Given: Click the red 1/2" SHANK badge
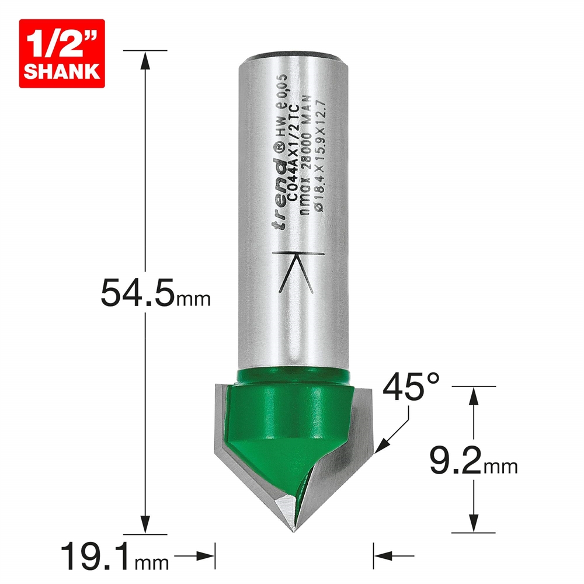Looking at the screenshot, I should [x=62, y=53].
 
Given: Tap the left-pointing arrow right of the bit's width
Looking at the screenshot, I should [x=383, y=553].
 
